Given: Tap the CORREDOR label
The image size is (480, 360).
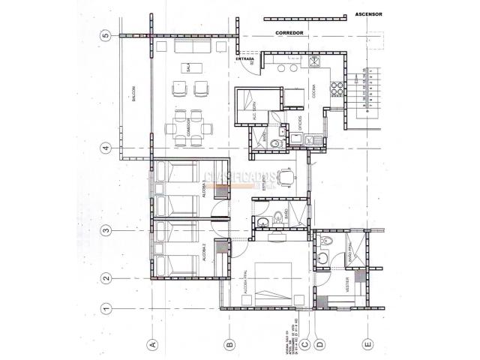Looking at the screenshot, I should point(288,34).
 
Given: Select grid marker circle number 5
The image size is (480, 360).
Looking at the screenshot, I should point(106,34).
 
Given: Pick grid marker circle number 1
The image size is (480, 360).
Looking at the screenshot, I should point(106,307).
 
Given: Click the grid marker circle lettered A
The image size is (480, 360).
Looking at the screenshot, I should point(152,344).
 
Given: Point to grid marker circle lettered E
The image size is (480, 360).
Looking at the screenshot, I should point(367,344).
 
